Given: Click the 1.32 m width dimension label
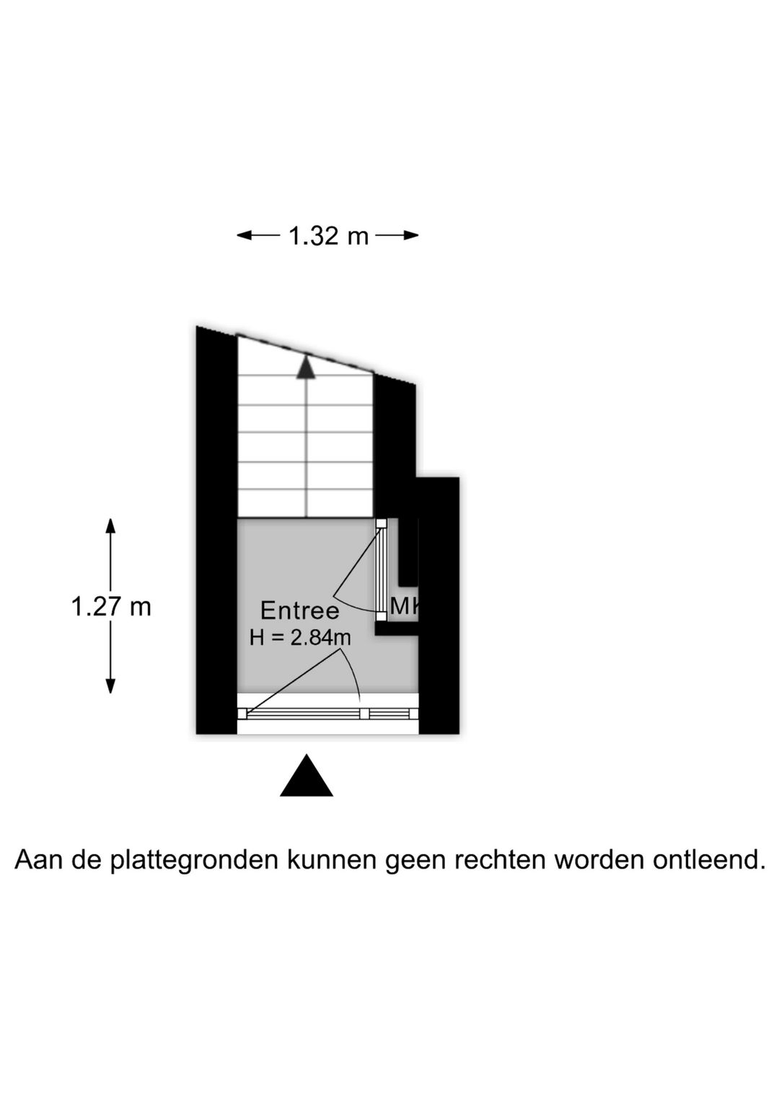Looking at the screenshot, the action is point(327,236).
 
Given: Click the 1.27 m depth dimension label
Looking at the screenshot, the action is point(111,607).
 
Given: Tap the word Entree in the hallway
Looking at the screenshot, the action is point(299,611).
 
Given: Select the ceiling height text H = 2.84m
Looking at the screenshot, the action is point(300,638).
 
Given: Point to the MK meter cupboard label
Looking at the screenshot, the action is point(405,606).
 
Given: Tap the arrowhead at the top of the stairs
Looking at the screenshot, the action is point(306,367).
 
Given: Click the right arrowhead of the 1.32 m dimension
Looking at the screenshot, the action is point(411,236).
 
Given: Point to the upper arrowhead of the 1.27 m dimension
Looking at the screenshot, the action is point(110,526).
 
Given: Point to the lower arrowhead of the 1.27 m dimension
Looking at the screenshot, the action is point(110,686).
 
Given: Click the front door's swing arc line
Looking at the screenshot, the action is point(353,672).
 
